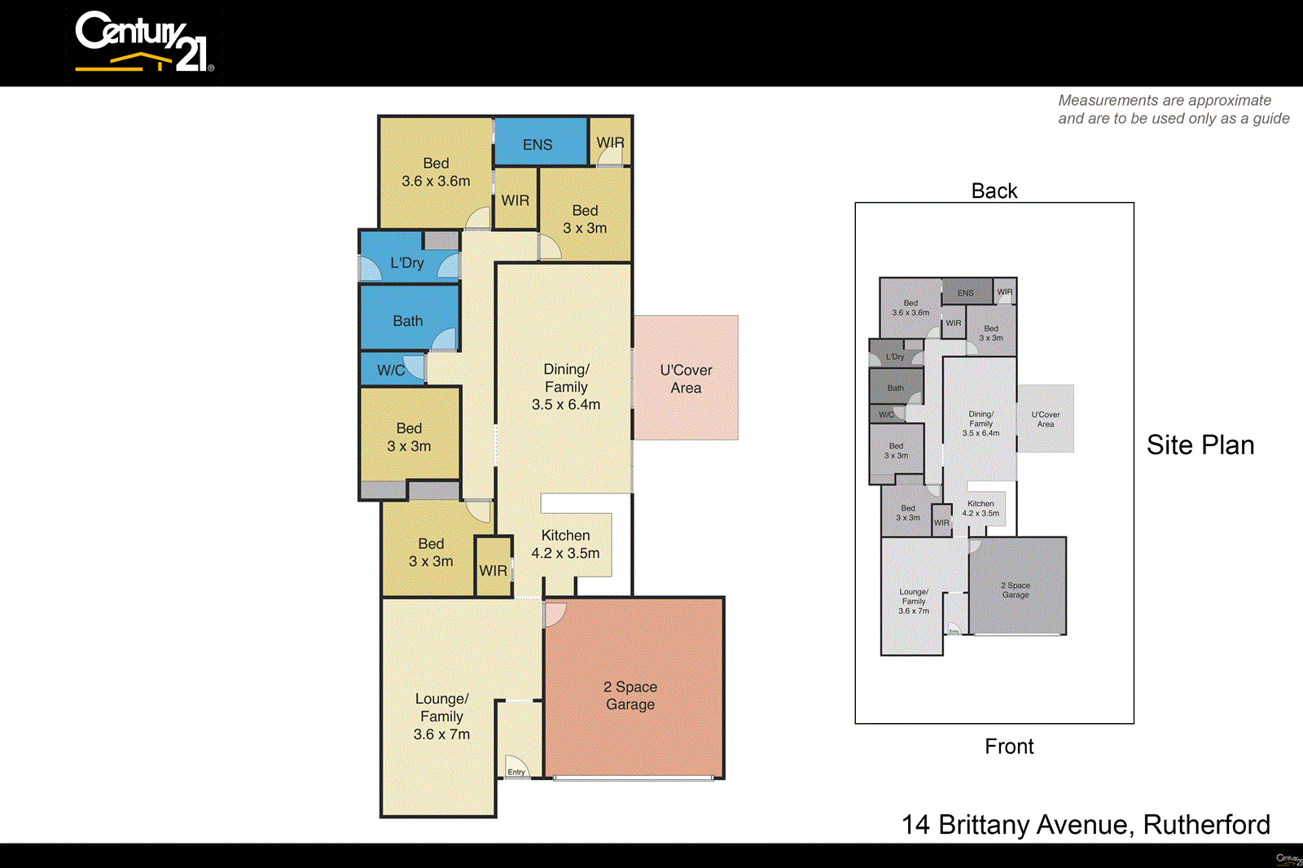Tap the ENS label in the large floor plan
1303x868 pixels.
click(x=537, y=145)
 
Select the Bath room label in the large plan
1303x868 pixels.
click(x=407, y=321)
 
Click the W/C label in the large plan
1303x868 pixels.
click(x=391, y=370)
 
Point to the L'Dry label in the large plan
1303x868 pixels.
click(x=406, y=263)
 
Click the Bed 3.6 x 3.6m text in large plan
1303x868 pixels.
click(x=436, y=173)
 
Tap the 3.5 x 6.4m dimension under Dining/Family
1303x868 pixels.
click(x=565, y=405)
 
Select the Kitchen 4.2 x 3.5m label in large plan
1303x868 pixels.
click(x=565, y=544)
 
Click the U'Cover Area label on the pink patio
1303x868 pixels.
click(x=686, y=379)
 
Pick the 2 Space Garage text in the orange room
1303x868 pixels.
click(x=630, y=695)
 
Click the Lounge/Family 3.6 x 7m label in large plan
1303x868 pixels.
click(x=441, y=717)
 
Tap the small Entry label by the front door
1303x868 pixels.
click(x=516, y=772)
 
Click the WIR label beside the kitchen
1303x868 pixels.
click(x=493, y=571)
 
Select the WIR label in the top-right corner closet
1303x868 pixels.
click(x=610, y=142)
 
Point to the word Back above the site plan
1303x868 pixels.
click(x=994, y=191)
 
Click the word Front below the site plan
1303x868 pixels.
click(x=1008, y=747)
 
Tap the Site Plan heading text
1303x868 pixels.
click(x=1200, y=445)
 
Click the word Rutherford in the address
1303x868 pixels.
click(x=1206, y=825)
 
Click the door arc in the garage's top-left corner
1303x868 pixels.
click(x=554, y=612)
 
